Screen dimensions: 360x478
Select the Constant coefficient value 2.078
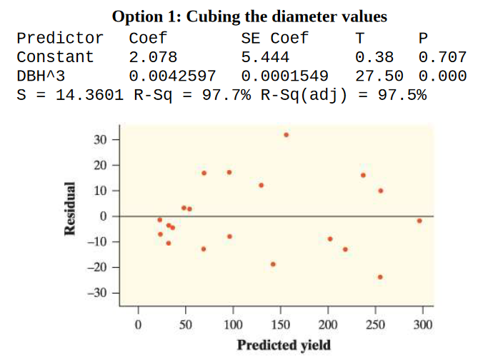click(x=153, y=56)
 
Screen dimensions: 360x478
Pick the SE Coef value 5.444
click(x=266, y=56)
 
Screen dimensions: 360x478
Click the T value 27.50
click(x=379, y=75)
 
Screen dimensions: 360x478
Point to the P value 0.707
click(x=442, y=56)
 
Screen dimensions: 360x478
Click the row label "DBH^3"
click(x=41, y=75)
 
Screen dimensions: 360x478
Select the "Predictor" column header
click(x=59, y=38)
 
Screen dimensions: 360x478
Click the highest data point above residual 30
click(x=287, y=134)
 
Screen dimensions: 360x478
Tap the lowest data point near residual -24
click(x=380, y=276)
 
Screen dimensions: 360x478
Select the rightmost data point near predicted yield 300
click(x=419, y=221)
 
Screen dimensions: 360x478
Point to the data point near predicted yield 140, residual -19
click(x=273, y=264)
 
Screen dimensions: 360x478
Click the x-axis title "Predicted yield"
click(x=284, y=345)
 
